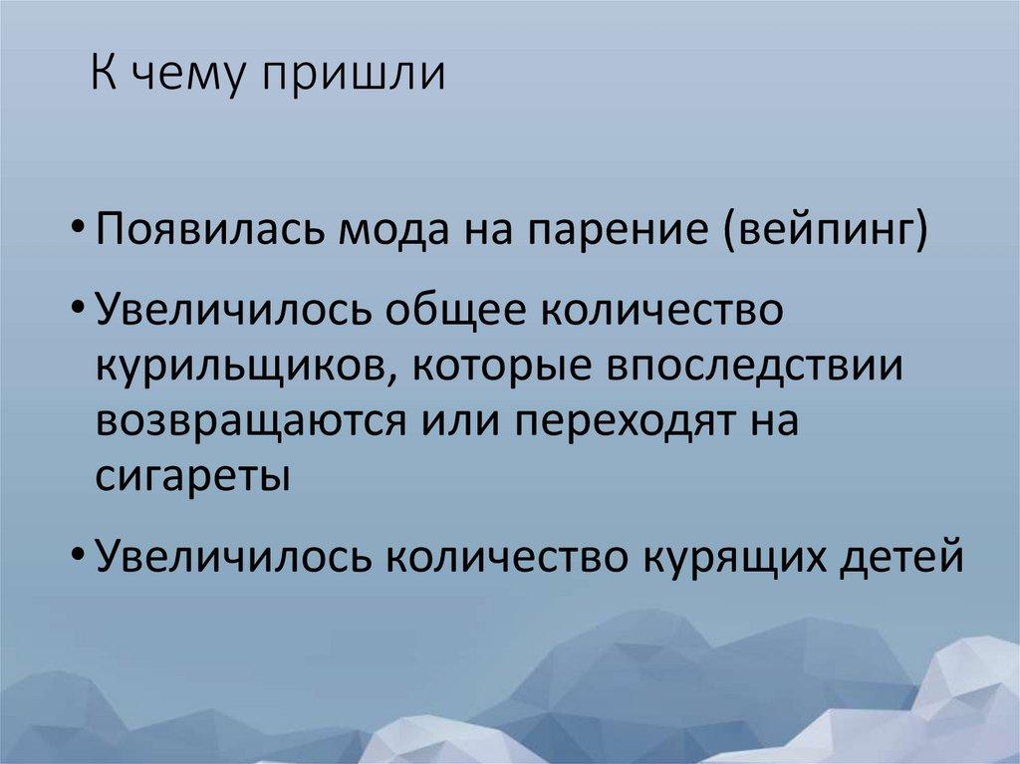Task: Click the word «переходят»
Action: [x=629, y=422]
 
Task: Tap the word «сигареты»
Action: [x=194, y=475]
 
